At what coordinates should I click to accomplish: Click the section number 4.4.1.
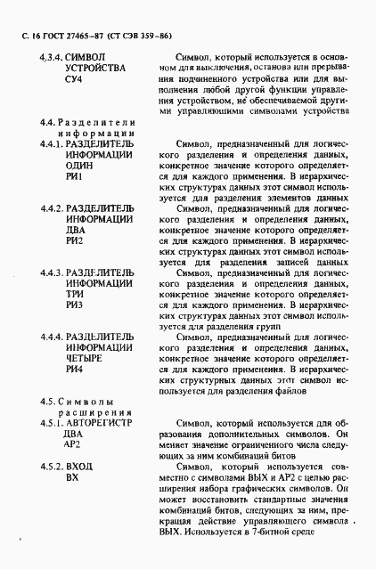pos(50,143)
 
